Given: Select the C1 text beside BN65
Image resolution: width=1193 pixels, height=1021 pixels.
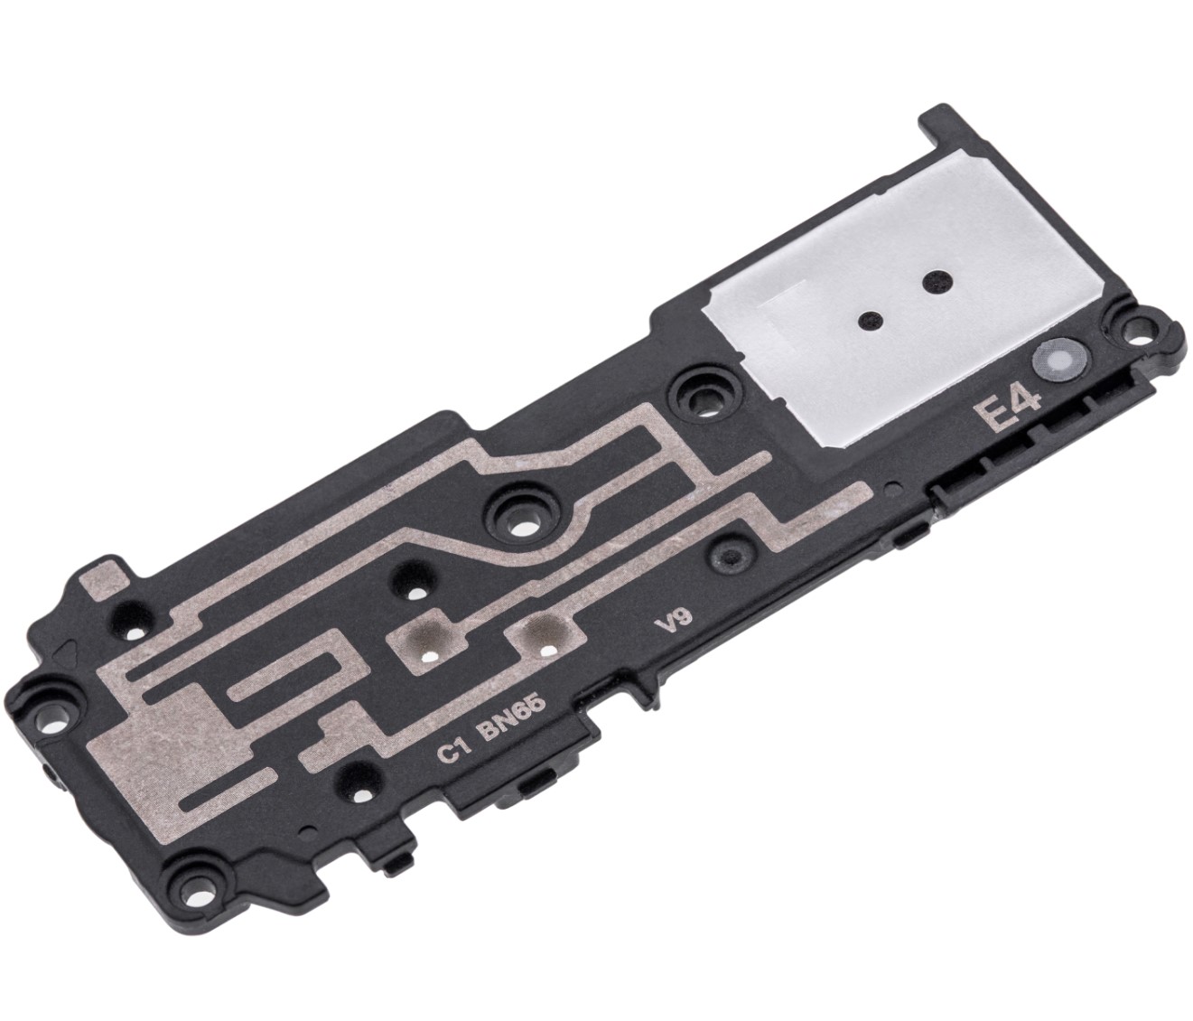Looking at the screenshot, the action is point(454,753).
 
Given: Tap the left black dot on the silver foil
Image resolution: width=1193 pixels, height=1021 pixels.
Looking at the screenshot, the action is point(868,319).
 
